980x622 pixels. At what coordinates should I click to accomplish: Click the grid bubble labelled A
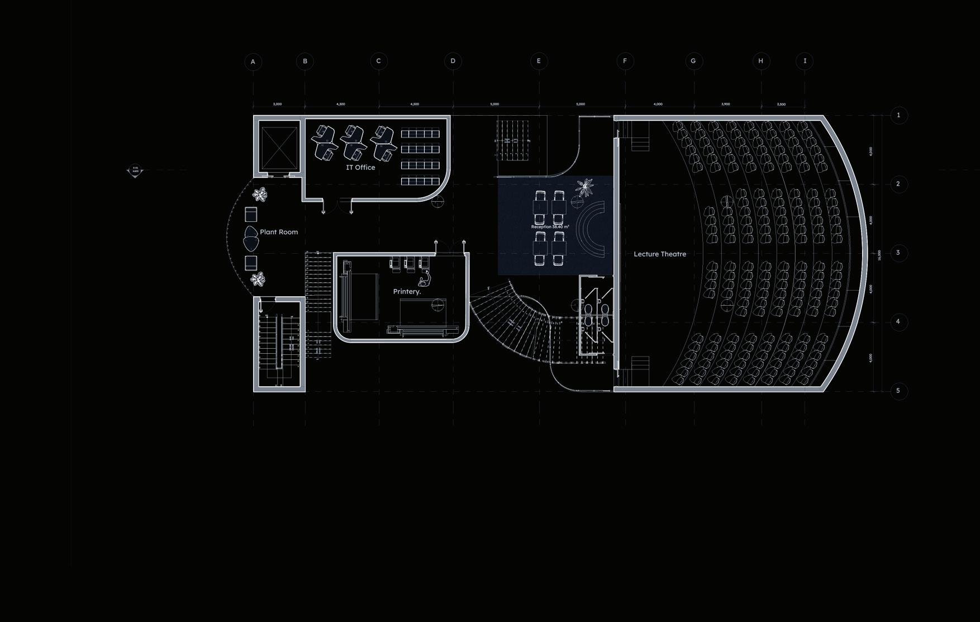[253, 61]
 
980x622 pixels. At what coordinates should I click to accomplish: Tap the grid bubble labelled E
[539, 61]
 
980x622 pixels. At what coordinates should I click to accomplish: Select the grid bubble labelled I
[805, 61]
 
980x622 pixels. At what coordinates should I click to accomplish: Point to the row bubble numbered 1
[898, 115]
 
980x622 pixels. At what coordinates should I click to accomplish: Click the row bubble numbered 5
[898, 391]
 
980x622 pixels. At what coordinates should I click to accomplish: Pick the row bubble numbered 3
[898, 253]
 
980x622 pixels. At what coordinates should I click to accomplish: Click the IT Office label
[360, 167]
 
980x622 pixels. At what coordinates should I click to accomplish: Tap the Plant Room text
[279, 232]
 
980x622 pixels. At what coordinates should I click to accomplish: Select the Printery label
[407, 292]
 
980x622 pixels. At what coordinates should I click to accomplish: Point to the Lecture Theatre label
[659, 254]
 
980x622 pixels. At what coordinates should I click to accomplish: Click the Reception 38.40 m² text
[550, 227]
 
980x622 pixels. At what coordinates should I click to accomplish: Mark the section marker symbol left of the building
[135, 170]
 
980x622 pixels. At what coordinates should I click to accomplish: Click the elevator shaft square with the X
[279, 148]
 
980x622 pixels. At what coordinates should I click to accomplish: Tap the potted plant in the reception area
[584, 187]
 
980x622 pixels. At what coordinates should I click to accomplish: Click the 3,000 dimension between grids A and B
[277, 105]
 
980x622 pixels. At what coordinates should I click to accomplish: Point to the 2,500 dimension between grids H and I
[781, 105]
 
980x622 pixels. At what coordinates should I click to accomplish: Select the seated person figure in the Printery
[425, 279]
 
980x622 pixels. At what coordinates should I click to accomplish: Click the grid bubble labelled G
[693, 61]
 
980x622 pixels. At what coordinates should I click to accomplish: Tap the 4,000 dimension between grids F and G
[658, 105]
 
